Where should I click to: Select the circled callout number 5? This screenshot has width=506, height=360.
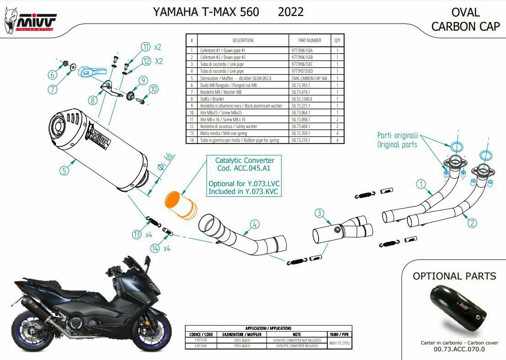click(64, 171)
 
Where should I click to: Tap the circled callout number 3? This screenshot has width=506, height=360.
click(320, 213)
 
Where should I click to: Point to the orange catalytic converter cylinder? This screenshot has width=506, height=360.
click(180, 204)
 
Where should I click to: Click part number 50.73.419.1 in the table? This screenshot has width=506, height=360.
click(301, 91)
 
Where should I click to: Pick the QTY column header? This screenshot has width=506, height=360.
click(337, 40)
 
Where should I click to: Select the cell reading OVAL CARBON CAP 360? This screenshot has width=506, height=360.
click(309, 78)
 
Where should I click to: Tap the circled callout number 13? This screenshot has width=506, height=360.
click(137, 235)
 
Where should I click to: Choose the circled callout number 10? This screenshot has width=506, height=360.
click(153, 89)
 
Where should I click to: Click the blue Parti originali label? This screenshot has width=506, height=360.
click(397, 135)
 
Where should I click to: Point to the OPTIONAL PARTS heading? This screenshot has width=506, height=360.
click(454, 276)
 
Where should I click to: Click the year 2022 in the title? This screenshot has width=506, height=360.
click(290, 12)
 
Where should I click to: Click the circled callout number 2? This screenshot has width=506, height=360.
click(472, 223)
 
